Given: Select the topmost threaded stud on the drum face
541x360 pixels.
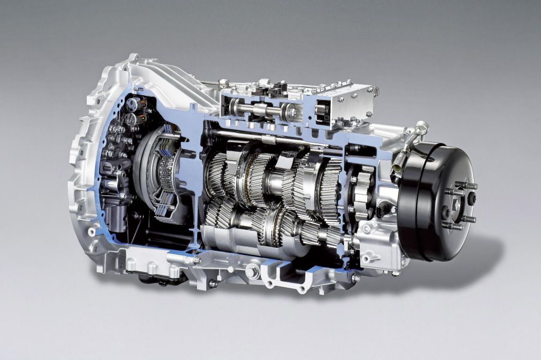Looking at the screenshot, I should tap(466, 186).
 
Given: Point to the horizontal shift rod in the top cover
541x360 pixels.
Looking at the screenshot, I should tap(259, 109).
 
